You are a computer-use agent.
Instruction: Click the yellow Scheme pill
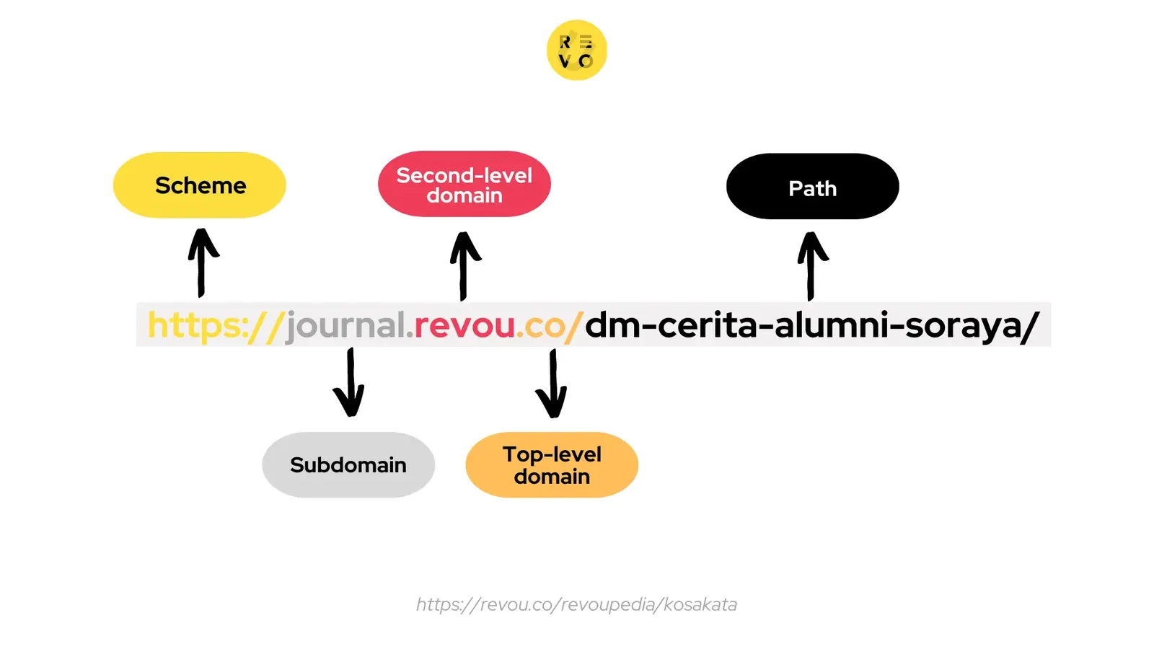click(x=200, y=185)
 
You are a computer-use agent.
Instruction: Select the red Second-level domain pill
click(x=464, y=185)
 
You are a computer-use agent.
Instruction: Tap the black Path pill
click(x=812, y=187)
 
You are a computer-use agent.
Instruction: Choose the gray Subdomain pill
click(x=348, y=465)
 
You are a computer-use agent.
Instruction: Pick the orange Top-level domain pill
click(x=552, y=465)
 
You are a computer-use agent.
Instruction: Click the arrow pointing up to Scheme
click(x=203, y=262)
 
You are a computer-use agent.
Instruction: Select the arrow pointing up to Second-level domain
click(x=464, y=265)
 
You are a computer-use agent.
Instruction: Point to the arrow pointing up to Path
click(x=812, y=265)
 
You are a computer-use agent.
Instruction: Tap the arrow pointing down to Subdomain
click(x=349, y=382)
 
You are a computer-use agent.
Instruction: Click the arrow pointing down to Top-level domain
click(x=552, y=383)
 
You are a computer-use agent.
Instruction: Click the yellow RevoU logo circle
click(x=576, y=50)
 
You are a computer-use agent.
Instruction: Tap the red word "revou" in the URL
click(x=464, y=326)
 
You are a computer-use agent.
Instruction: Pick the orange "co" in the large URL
click(x=544, y=326)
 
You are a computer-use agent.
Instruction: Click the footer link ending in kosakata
click(x=576, y=604)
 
